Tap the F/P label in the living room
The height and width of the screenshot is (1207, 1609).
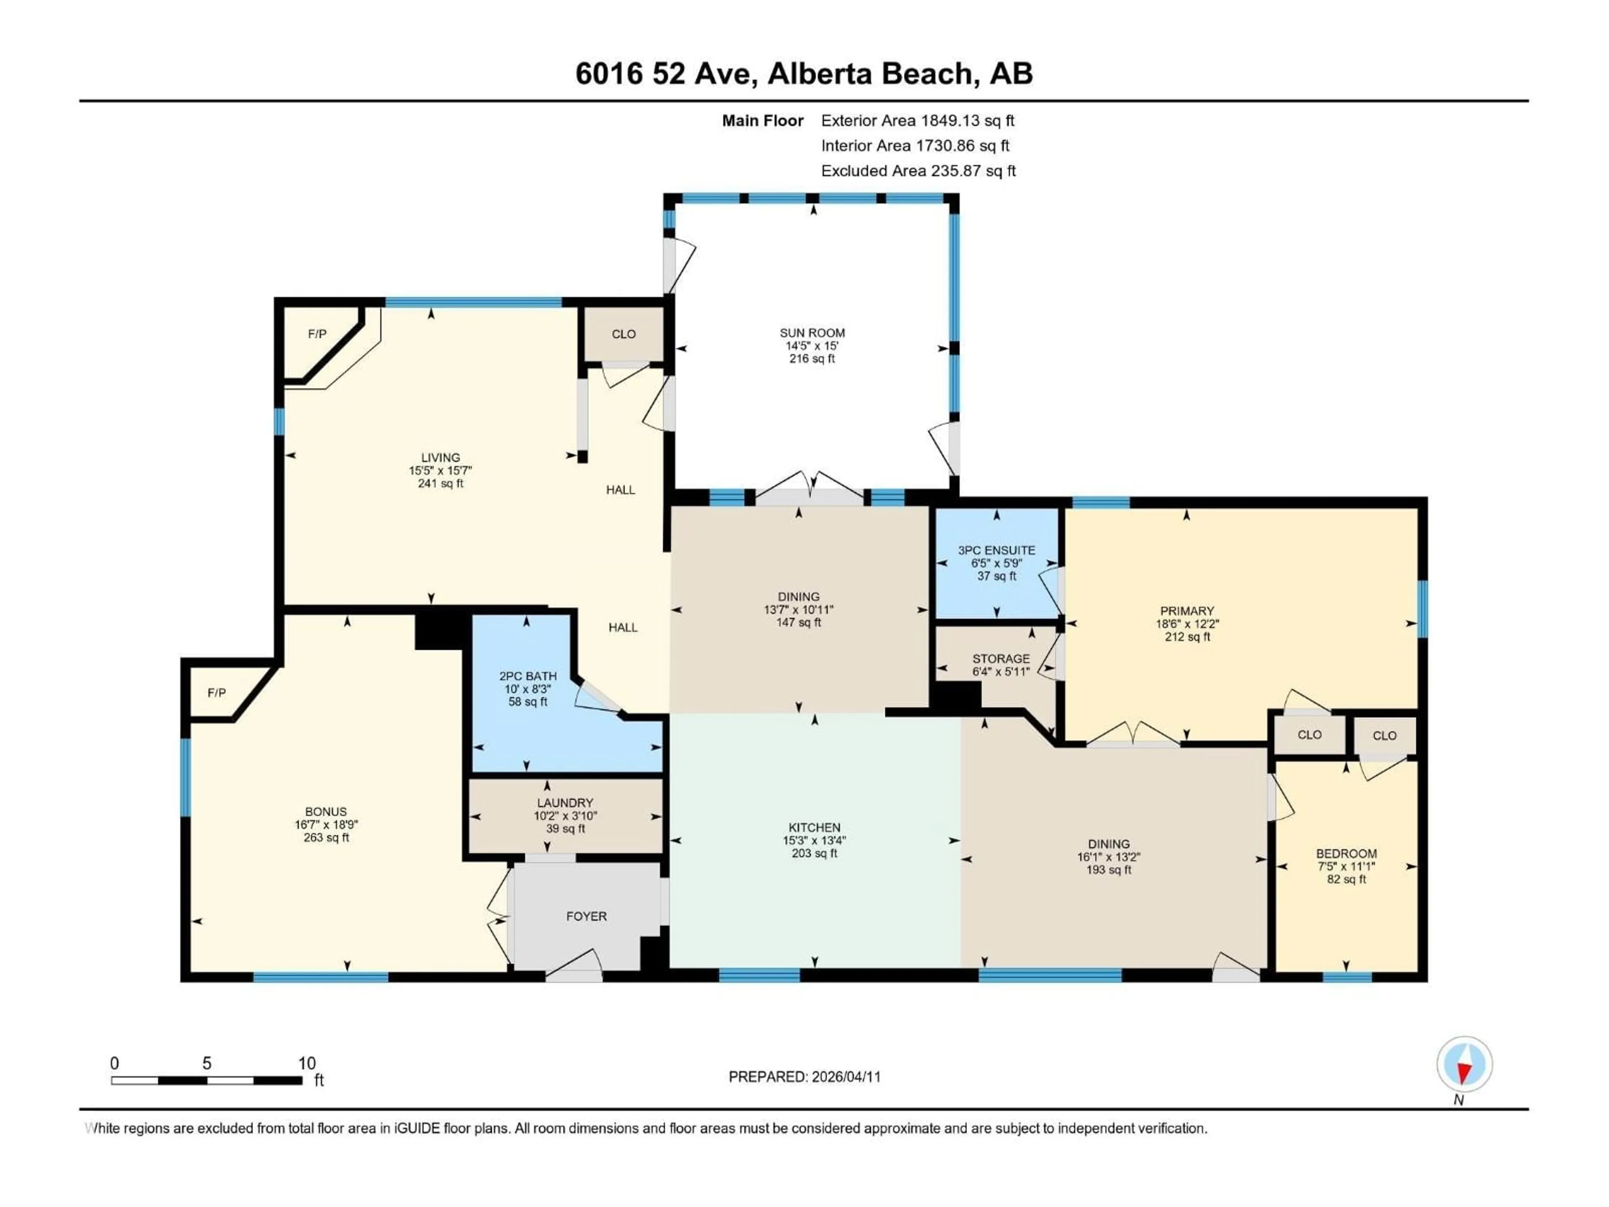click(x=317, y=334)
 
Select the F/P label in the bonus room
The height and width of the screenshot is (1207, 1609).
click(x=217, y=693)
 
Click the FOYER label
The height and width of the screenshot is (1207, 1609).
click(x=586, y=916)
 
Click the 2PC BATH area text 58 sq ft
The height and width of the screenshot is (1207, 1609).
click(x=528, y=702)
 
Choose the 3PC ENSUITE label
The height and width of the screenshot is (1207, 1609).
click(x=996, y=550)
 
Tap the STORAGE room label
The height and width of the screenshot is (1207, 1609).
click(x=1001, y=658)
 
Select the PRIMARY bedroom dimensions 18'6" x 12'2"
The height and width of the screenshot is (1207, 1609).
click(x=1187, y=624)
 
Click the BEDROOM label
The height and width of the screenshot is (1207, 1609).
click(x=1346, y=853)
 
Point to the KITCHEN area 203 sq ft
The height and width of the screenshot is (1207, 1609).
click(x=814, y=853)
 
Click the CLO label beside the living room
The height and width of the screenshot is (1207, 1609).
click(x=623, y=334)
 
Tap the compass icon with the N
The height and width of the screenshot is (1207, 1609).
click(x=1464, y=1065)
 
